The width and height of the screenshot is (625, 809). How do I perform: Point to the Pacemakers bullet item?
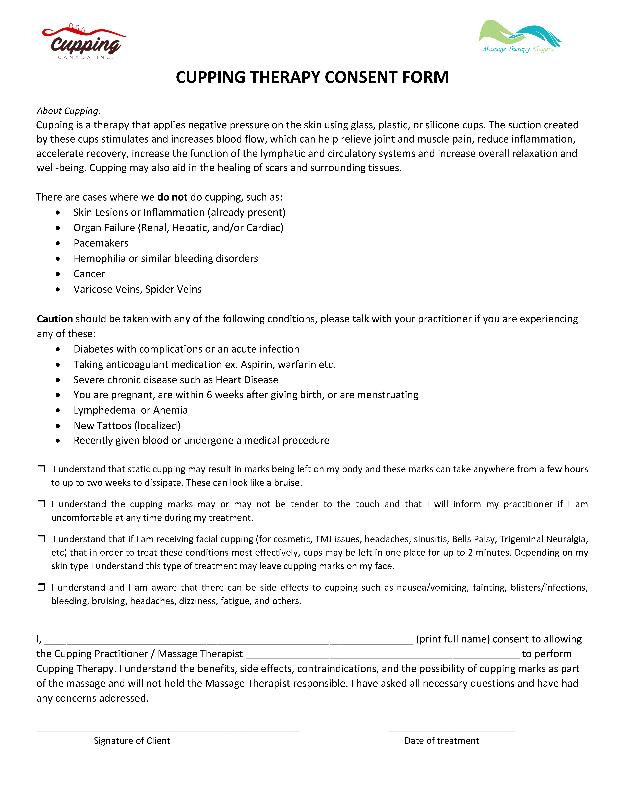[101, 243]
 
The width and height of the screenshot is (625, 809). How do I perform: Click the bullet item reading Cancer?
[89, 274]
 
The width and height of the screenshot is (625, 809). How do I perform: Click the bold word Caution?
[55, 319]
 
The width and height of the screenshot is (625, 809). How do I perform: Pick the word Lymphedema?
[104, 410]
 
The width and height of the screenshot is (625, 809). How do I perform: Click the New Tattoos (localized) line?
[127, 426]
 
